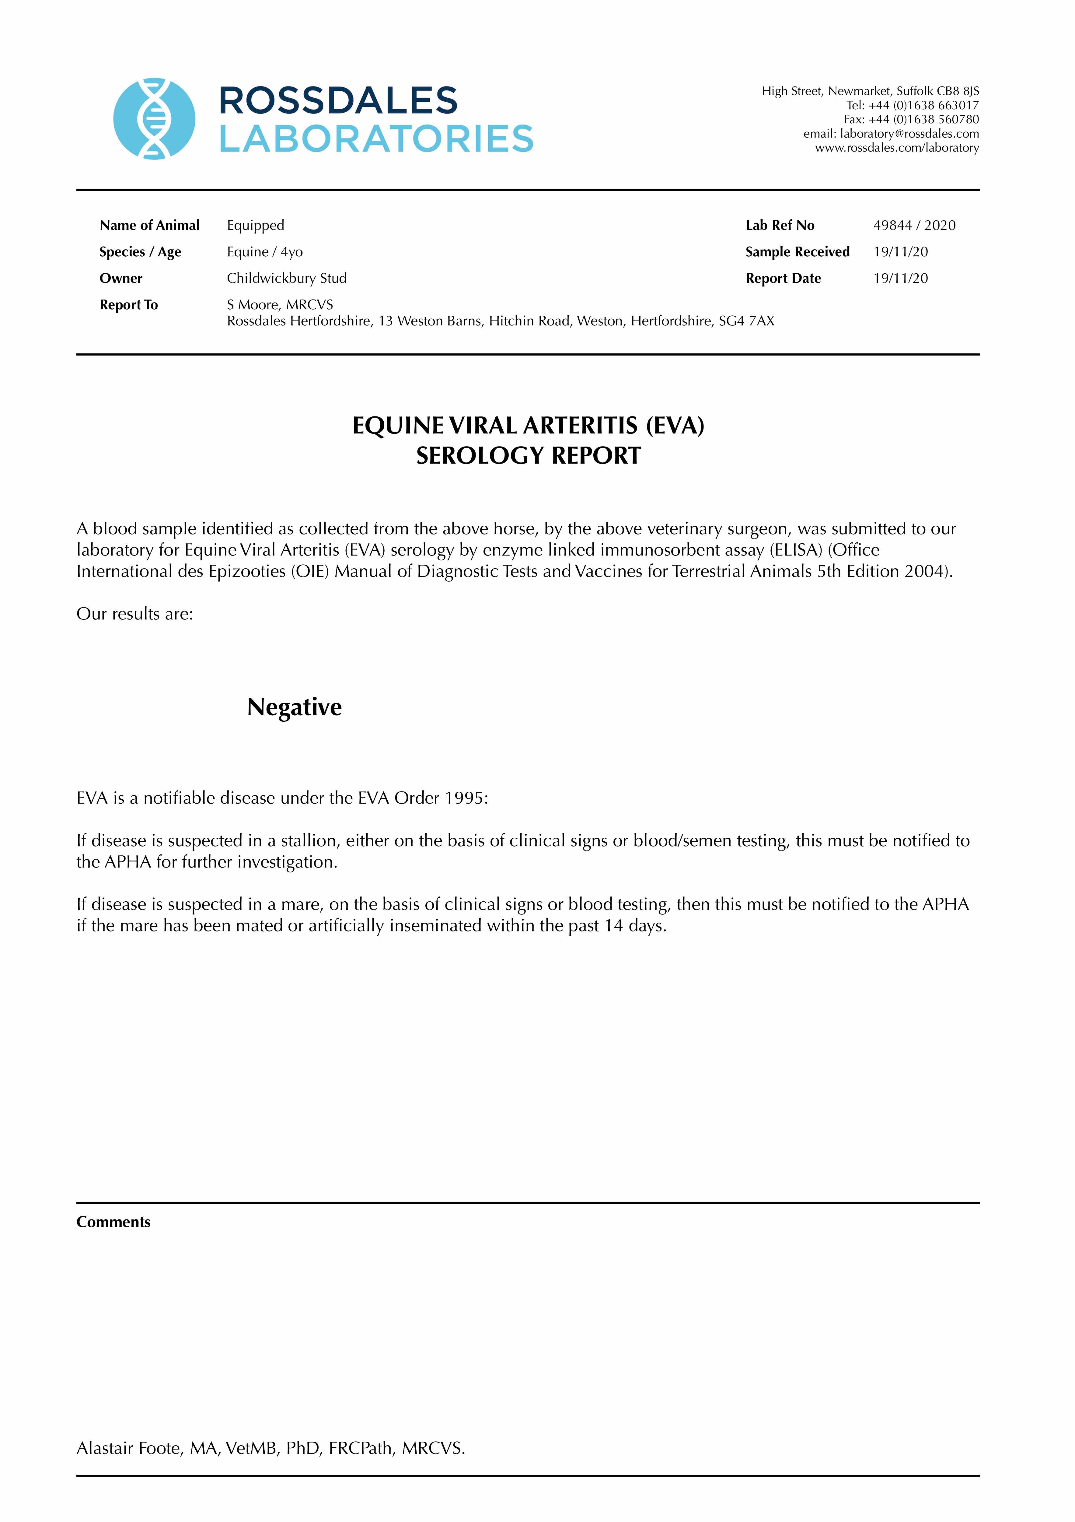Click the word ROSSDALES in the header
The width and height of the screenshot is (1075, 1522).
point(338,101)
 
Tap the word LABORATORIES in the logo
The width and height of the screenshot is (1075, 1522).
point(376,139)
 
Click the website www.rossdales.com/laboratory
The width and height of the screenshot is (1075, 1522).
point(897,148)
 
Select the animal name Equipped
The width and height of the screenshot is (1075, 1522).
point(255,225)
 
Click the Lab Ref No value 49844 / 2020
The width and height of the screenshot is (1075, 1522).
point(914,225)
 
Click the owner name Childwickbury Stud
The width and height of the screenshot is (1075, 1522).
point(286,279)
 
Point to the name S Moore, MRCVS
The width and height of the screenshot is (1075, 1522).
point(280,305)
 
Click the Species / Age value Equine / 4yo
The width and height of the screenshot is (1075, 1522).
point(264,252)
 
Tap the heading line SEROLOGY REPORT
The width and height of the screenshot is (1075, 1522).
point(528,456)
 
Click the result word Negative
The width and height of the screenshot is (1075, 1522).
point(294,707)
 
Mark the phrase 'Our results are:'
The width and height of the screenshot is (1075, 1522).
point(134,614)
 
